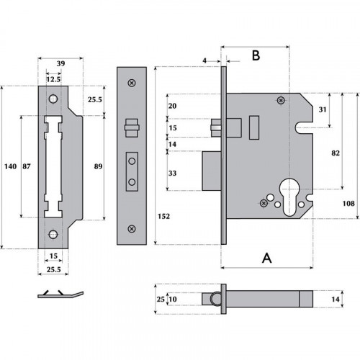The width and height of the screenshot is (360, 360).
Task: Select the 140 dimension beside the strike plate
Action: coord(10,166)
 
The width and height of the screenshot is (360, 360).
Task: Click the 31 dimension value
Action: coord(323,109)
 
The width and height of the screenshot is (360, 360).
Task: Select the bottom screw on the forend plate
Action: coord(131,229)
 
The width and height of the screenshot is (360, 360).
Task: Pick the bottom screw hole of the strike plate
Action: coord(53,234)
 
